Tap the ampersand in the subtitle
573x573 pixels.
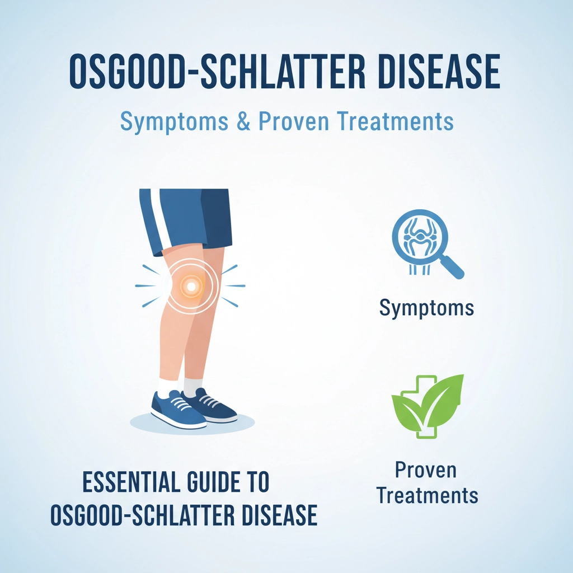click(244, 122)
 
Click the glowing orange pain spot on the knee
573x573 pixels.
click(190, 286)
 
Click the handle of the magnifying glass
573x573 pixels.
click(453, 267)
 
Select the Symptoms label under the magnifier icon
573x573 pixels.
click(426, 307)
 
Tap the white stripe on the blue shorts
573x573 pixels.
click(158, 218)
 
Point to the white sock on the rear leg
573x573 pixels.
click(193, 385)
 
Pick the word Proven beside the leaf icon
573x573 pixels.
click(426, 470)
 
